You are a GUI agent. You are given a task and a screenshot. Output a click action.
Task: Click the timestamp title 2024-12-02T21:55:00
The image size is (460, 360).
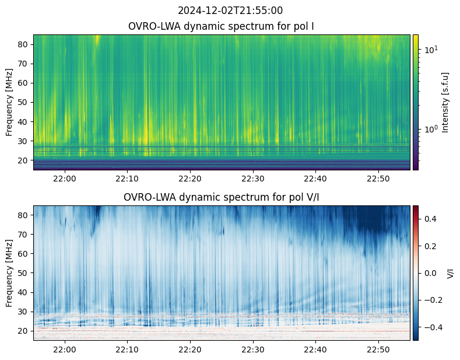(x=230, y=11)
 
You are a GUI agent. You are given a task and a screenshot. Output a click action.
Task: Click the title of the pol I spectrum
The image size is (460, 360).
(x=221, y=26)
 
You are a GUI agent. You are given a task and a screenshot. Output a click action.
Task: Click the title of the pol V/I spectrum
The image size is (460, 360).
(x=221, y=197)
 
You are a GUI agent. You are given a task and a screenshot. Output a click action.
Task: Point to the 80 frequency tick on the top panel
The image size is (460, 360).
(x=23, y=44)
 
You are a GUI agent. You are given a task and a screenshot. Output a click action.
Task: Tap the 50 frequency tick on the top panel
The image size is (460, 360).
(x=23, y=103)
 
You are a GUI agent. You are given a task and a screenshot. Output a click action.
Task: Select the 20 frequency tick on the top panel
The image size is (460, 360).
(x=23, y=160)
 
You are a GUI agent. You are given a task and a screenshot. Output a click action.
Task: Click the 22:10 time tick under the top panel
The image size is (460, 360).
(x=127, y=179)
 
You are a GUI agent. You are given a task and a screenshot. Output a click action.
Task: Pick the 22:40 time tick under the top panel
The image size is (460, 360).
(x=315, y=179)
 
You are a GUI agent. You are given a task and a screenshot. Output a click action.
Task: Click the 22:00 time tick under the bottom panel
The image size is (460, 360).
(x=65, y=349)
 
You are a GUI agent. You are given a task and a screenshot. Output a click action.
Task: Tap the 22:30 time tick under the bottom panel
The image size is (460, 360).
(x=253, y=349)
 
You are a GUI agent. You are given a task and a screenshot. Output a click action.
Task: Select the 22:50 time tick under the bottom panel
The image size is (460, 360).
(x=378, y=349)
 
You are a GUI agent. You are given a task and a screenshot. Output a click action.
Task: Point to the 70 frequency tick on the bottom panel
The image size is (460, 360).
(x=23, y=235)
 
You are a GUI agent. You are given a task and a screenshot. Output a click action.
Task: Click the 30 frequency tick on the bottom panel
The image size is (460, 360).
(x=23, y=312)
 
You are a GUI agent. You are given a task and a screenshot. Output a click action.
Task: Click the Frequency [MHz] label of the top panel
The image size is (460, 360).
(x=9, y=103)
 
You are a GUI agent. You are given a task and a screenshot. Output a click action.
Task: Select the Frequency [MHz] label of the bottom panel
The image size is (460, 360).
(x=9, y=274)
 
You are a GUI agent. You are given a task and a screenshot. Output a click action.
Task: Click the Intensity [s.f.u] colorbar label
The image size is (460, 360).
(x=445, y=103)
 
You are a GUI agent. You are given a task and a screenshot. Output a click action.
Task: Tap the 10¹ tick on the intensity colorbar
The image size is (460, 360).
(x=431, y=50)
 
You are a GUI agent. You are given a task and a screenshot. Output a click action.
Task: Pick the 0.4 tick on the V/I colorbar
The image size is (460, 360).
(x=430, y=219)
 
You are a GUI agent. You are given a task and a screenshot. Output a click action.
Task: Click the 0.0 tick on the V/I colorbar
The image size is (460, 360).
(x=430, y=274)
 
